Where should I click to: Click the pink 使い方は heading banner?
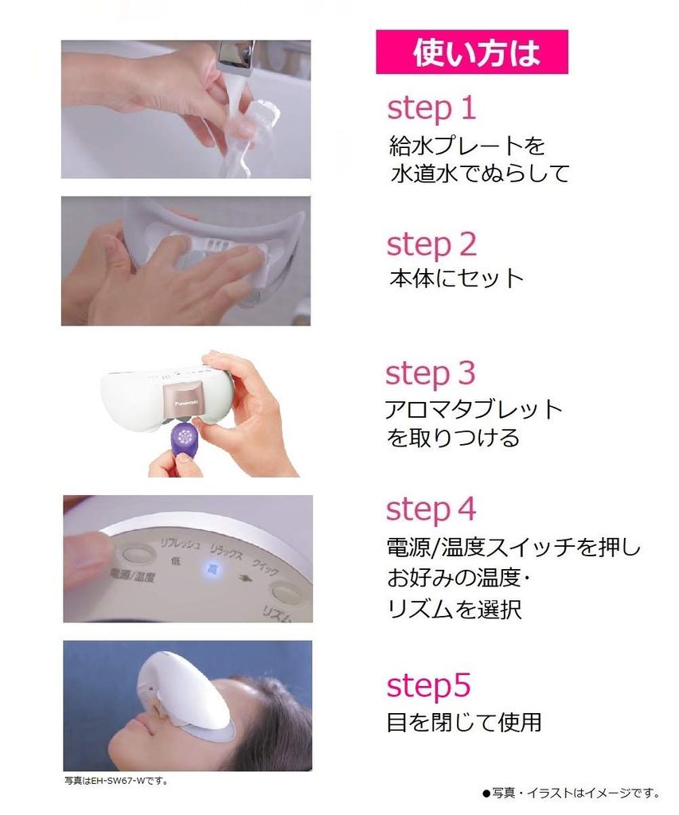(471, 52)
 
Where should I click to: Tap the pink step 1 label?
(431, 109)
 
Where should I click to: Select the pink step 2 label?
(431, 245)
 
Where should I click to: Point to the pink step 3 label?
(430, 374)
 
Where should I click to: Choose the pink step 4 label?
(431, 509)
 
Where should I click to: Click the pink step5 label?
(428, 686)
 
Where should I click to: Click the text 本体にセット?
(456, 279)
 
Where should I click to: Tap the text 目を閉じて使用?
(464, 723)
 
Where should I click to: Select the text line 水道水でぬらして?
(480, 174)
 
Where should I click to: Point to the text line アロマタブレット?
(474, 410)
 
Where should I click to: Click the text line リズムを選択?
(454, 609)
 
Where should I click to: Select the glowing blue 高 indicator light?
(212, 570)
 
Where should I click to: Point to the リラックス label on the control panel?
(227, 552)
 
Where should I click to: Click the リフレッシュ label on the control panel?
(179, 544)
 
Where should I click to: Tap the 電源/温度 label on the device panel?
(132, 575)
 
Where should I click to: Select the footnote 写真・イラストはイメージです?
(571, 794)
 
